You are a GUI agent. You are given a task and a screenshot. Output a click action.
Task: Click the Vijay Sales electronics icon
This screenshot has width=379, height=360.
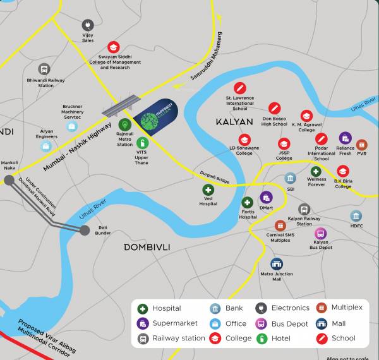coord(87,25)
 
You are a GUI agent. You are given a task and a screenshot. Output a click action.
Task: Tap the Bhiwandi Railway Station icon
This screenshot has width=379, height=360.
coord(44,69)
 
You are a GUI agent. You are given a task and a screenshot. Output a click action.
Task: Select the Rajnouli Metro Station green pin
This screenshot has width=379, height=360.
coord(125,125)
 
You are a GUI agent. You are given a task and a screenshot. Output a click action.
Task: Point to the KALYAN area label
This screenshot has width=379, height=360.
coord(234,121)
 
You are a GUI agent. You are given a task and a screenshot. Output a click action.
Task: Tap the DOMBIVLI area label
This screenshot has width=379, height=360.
coord(147,246)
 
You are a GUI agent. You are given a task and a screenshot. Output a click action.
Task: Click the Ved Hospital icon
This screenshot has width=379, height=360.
coord(208,189)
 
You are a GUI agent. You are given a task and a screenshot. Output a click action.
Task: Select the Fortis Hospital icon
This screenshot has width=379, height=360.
coord(248,202)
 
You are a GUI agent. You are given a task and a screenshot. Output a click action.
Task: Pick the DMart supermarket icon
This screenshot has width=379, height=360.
coord(267,197)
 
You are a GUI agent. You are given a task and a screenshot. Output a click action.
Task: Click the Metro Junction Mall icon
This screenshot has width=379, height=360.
coord(277,264)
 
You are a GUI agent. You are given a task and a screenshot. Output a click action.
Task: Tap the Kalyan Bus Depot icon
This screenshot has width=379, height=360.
coord(321,234)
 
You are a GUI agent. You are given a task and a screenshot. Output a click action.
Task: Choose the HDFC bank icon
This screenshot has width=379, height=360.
coord(356,216)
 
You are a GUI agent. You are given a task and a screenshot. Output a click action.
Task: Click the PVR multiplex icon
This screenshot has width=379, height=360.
coord(362,145)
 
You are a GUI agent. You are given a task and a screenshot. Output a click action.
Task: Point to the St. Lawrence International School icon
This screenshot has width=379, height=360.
coord(239,88)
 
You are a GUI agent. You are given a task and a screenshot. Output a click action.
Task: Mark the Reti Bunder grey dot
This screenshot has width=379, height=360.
coord(85,231)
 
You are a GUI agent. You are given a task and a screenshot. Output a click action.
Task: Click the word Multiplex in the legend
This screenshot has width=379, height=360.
coord(347,308)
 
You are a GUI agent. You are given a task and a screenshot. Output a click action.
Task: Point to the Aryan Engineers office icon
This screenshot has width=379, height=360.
coord(46,147)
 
